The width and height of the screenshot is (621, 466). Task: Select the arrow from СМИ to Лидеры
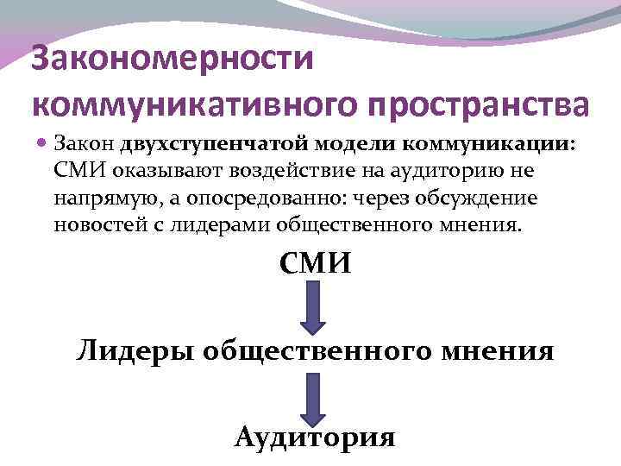click(x=314, y=307)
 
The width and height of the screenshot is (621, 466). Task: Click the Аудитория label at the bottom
click(x=314, y=437)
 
